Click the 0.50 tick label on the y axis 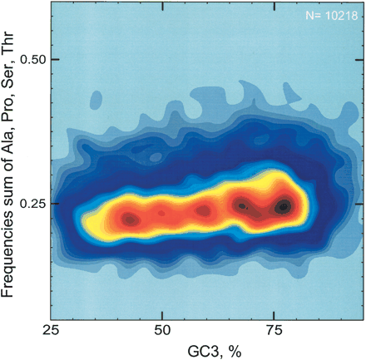point(36,60)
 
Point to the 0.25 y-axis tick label point(36,204)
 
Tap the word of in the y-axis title point(11,158)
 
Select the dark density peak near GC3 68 point(241,205)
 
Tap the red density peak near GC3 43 point(129,219)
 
